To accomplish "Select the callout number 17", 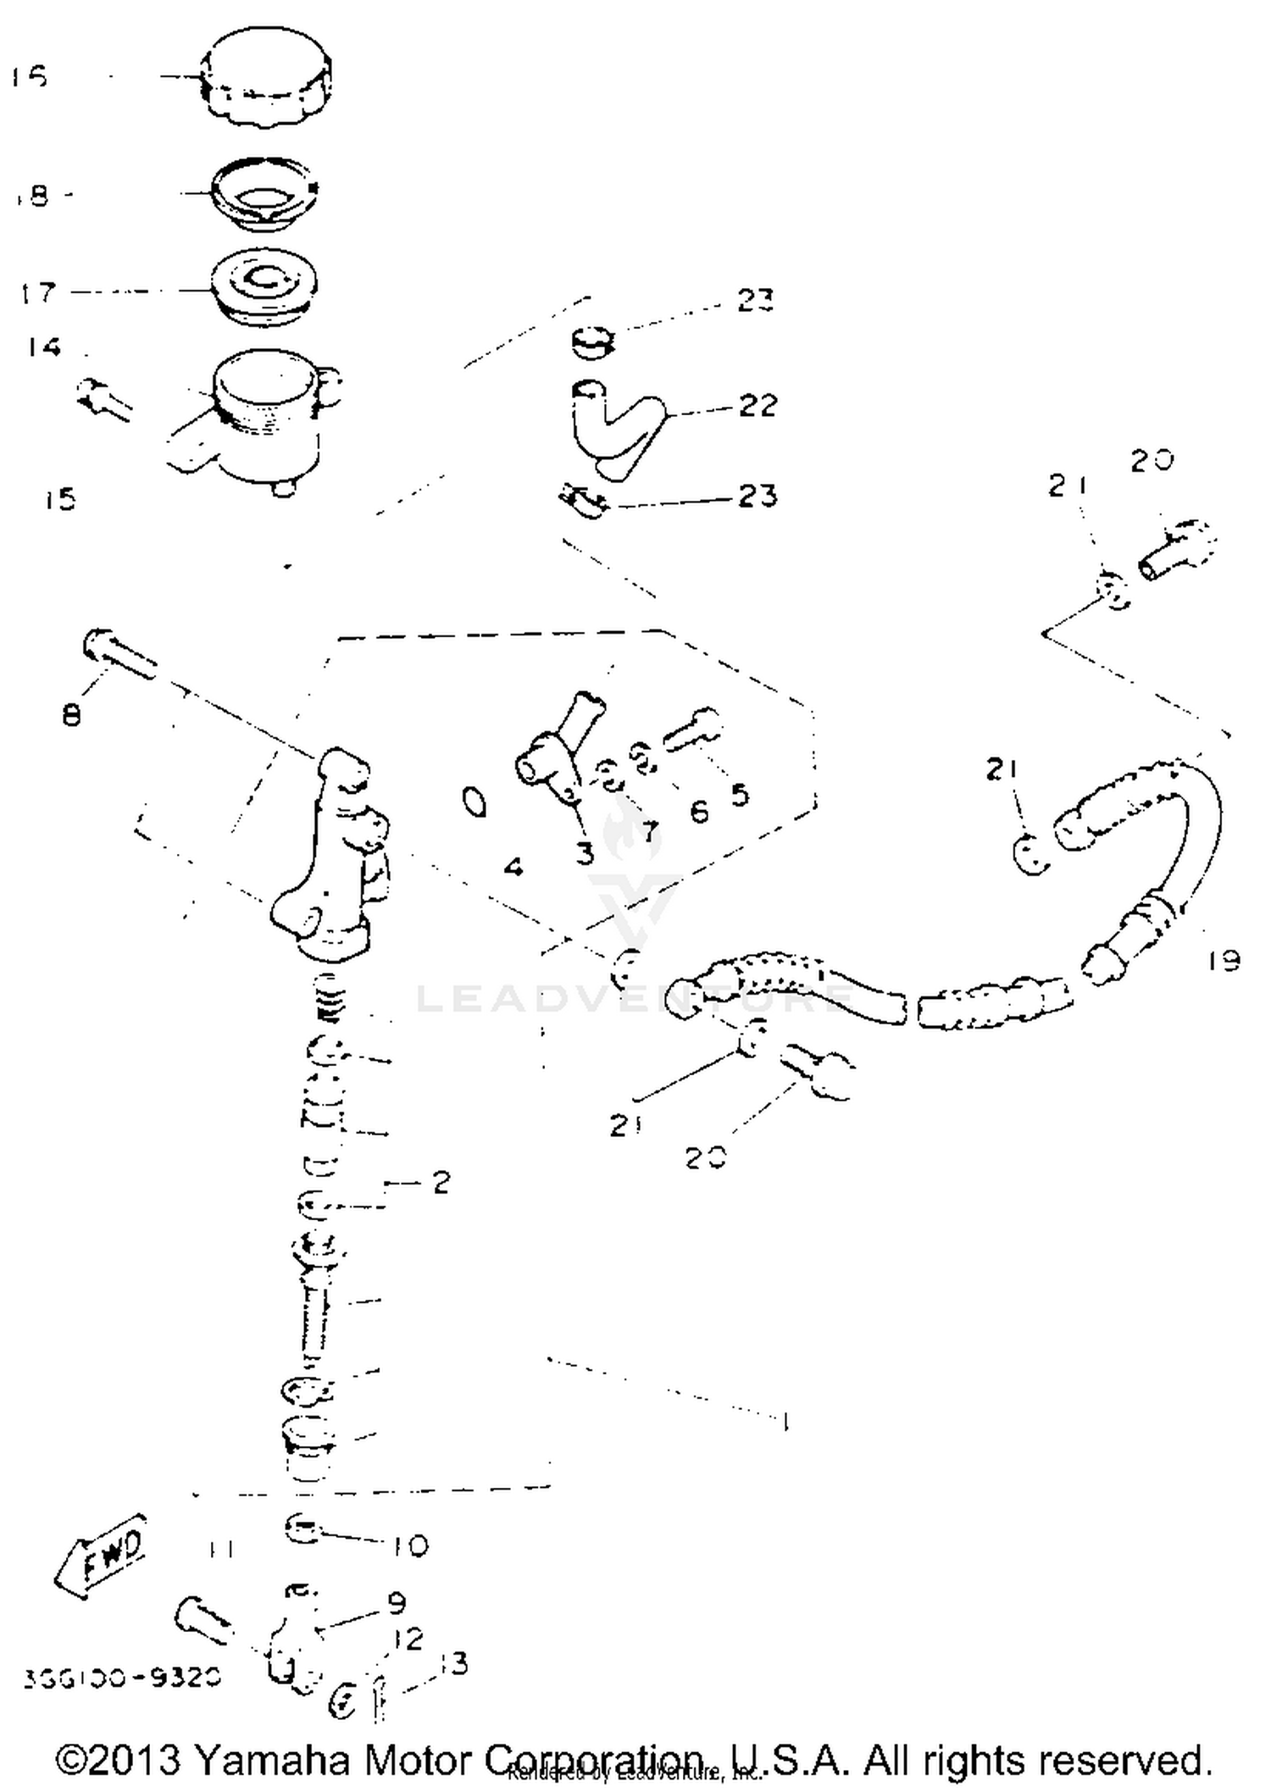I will pyautogui.click(x=39, y=293).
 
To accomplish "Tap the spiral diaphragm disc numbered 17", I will pyautogui.click(x=264, y=285).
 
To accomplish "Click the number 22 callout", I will pyautogui.click(x=757, y=406).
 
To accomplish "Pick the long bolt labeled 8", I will pyautogui.click(x=119, y=655).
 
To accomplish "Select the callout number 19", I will pyautogui.click(x=1223, y=960).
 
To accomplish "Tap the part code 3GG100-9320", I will pyautogui.click(x=122, y=1676).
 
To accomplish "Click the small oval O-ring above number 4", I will pyautogui.click(x=475, y=802).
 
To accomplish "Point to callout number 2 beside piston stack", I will pyautogui.click(x=440, y=1183).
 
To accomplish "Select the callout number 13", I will pyautogui.click(x=454, y=1663).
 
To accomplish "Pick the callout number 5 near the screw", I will pyautogui.click(x=740, y=795).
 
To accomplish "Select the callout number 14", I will pyautogui.click(x=43, y=347).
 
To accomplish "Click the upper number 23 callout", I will pyautogui.click(x=754, y=301).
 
